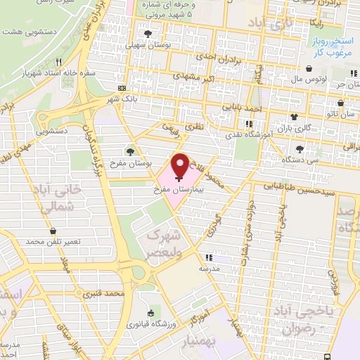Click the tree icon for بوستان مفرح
[129, 150]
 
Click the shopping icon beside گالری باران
[293, 117]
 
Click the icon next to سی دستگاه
[300, 148]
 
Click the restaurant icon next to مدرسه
[207, 257]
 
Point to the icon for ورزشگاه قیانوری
[150, 314]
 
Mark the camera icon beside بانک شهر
[123, 89]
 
